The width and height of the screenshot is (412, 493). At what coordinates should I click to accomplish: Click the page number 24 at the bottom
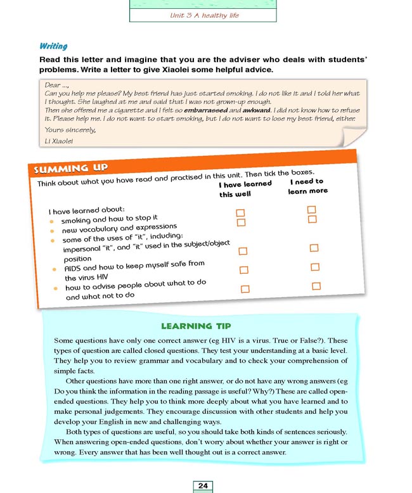pos(203,485)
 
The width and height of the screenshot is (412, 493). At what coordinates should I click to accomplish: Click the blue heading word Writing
pos(53,46)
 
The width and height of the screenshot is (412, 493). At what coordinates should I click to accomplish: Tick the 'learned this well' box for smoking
pos(240,213)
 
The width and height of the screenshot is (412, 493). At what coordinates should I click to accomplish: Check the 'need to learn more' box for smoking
pos(311,209)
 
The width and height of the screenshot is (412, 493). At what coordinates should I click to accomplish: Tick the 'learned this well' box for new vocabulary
pos(240,222)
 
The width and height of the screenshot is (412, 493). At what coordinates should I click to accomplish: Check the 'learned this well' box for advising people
pos(245,289)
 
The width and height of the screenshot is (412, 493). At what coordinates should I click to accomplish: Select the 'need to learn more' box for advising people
pos(316,286)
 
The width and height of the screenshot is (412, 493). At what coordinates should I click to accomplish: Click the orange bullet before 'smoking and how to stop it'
pos(51,221)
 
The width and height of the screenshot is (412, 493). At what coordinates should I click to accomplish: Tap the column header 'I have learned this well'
pos(244,189)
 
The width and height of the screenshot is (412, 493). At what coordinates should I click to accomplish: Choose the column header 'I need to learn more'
pos(307,186)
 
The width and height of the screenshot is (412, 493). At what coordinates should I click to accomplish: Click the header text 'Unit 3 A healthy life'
pos(204,14)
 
